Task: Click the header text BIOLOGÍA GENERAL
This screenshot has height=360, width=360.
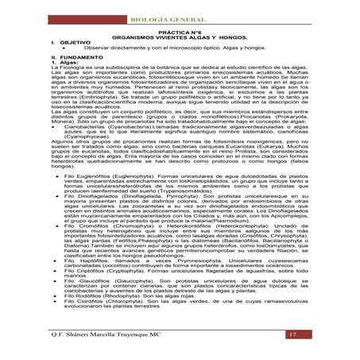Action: point(180,10)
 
